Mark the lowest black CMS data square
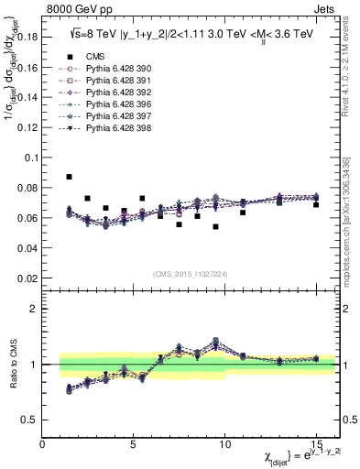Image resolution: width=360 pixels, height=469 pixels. (215, 226)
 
